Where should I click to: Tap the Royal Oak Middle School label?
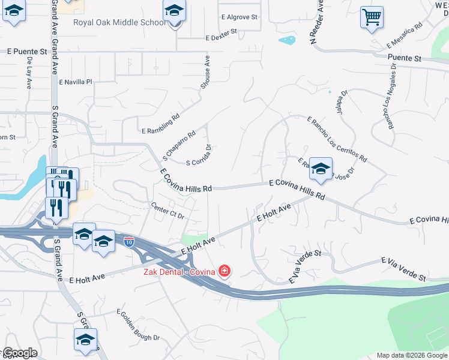click(x=119, y=23)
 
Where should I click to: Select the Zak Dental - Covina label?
click(x=178, y=272)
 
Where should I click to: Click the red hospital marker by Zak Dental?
click(x=224, y=271)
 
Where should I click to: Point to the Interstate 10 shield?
click(x=129, y=242)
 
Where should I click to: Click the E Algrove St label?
click(x=239, y=17)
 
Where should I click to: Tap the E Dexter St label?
click(x=221, y=38)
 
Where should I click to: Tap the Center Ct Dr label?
click(x=167, y=210)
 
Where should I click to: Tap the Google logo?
click(x=19, y=352)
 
